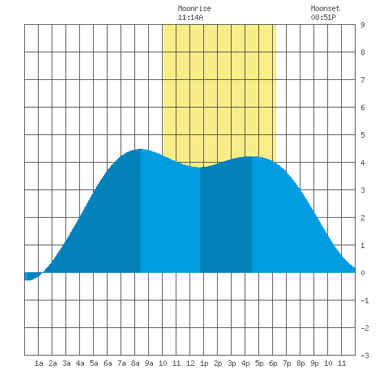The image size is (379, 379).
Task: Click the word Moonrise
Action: [194, 8]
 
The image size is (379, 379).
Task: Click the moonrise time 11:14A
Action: [190, 17]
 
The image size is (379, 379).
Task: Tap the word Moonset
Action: [325, 8]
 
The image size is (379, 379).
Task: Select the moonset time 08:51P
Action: [323, 17]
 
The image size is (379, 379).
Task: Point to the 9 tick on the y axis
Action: [362, 25]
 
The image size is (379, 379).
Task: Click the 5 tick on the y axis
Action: [362, 135]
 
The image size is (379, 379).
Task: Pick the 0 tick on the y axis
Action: [362, 273]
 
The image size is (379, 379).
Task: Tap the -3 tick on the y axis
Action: [365, 356]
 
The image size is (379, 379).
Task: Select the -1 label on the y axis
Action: [365, 300]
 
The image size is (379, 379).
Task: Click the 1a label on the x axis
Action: [39, 363]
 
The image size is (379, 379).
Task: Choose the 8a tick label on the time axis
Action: [135, 363]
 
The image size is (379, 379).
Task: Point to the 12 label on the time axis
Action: [190, 363]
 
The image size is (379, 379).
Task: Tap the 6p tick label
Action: [273, 363]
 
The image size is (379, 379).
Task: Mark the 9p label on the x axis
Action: [314, 363]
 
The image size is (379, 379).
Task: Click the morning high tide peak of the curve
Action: [141, 150]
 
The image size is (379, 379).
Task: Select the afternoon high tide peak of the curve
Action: [252, 157]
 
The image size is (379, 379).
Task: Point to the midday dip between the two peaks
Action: [200, 167]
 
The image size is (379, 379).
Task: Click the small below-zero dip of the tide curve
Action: [28, 280]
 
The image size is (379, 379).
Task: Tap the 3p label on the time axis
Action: [232, 363]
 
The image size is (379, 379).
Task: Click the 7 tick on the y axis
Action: [362, 80]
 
